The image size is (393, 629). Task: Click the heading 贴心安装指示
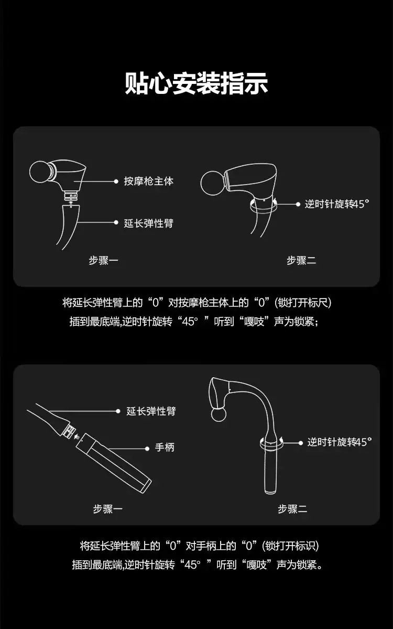coord(196,83)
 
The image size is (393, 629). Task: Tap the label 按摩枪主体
coord(149,182)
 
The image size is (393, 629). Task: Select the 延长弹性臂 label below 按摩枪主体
coord(149,223)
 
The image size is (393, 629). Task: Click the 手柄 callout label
coord(165,447)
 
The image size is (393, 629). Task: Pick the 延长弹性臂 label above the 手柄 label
coord(151,411)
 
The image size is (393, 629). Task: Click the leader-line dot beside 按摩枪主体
coord(116,182)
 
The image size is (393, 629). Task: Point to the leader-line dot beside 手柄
coord(147,449)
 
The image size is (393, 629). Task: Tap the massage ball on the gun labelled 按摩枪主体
coord(40,172)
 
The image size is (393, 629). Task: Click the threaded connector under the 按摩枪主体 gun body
coord(71,197)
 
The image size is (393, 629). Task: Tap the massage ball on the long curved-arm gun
coord(219,414)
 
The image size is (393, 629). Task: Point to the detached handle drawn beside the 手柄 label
coord(113,463)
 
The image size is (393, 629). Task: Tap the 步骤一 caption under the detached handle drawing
coord(108,509)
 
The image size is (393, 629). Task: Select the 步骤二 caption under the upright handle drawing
coord(292,509)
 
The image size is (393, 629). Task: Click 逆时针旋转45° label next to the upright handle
coord(340,442)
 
